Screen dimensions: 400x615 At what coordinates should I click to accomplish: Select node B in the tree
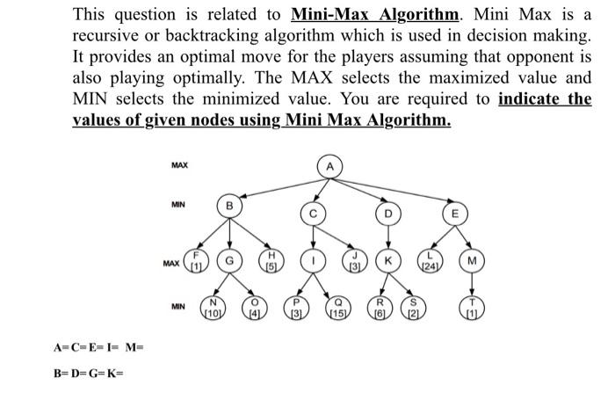pyautogui.click(x=230, y=205)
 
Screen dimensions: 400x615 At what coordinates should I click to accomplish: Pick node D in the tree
pyautogui.click(x=385, y=214)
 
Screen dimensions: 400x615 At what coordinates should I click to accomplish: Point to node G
pyautogui.click(x=230, y=261)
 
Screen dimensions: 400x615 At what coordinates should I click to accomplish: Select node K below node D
pyautogui.click(x=385, y=261)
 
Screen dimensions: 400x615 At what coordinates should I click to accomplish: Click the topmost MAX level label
pyautogui.click(x=179, y=164)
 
